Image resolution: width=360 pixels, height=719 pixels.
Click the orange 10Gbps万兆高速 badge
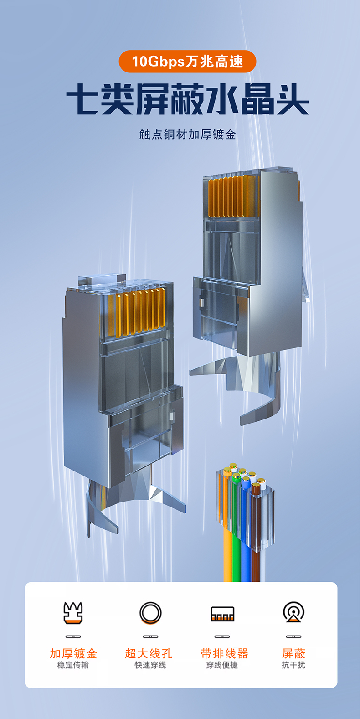[187, 61]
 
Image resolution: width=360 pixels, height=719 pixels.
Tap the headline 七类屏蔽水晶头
[187, 99]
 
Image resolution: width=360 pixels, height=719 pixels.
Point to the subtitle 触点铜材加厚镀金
[187, 134]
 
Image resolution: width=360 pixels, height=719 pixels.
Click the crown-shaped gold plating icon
[73, 613]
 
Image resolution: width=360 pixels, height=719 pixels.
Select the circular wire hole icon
[150, 613]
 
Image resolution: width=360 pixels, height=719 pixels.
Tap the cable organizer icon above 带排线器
[222, 614]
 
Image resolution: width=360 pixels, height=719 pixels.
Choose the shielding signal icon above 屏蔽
[293, 612]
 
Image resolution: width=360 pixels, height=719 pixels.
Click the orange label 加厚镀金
[73, 653]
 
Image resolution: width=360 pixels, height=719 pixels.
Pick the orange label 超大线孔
[149, 653]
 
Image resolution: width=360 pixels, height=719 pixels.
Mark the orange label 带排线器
[224, 653]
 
